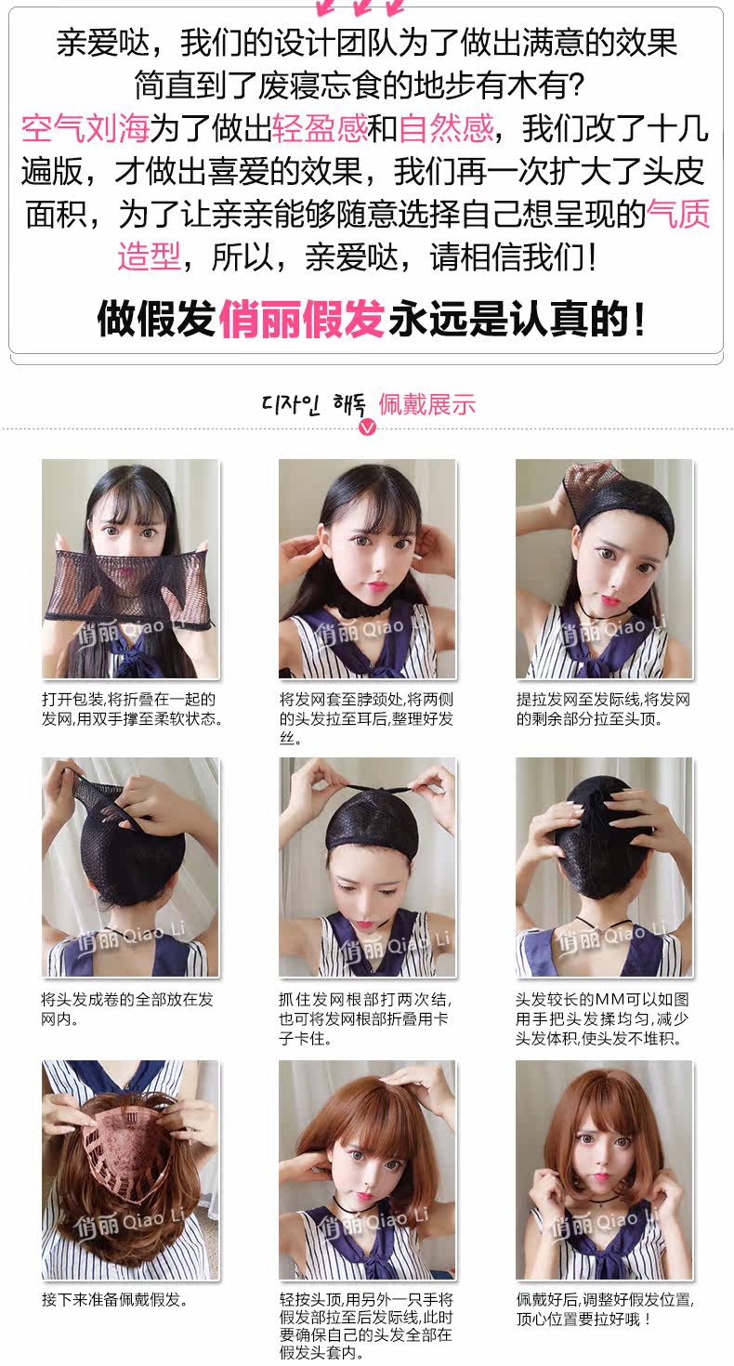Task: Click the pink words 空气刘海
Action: pyautogui.click(x=85, y=127)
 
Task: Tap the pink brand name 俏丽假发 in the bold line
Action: pyautogui.click(x=301, y=319)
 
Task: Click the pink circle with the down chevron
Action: pyautogui.click(x=368, y=427)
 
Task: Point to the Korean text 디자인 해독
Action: pyautogui.click(x=315, y=405)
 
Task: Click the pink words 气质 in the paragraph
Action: pyautogui.click(x=679, y=215)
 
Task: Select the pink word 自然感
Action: pyautogui.click(x=446, y=127)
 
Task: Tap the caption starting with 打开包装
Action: pyautogui.click(x=132, y=709)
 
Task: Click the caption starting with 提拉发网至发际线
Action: pyautogui.click(x=603, y=709)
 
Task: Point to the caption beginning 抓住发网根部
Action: pyautogui.click(x=366, y=1018)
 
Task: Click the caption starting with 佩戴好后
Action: pyautogui.click(x=605, y=1308)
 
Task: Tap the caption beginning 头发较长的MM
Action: pyautogui.click(x=603, y=1018)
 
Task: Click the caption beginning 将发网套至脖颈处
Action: pyautogui.click(x=366, y=718)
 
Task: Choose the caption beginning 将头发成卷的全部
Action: pyautogui.click(x=127, y=1009)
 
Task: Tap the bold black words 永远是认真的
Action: pyautogui.click(x=517, y=319)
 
